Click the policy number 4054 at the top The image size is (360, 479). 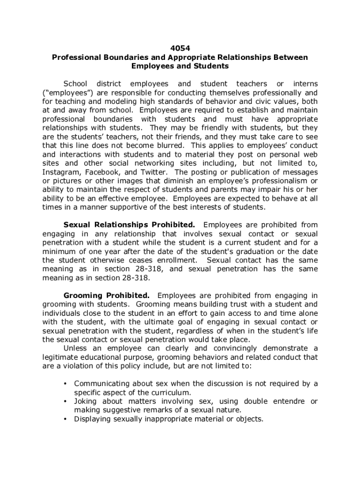[x=180, y=48]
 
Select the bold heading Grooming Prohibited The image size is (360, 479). [x=107, y=295]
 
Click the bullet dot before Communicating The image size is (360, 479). [x=65, y=384]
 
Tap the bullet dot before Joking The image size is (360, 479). [x=65, y=401]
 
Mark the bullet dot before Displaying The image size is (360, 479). [x=65, y=419]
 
